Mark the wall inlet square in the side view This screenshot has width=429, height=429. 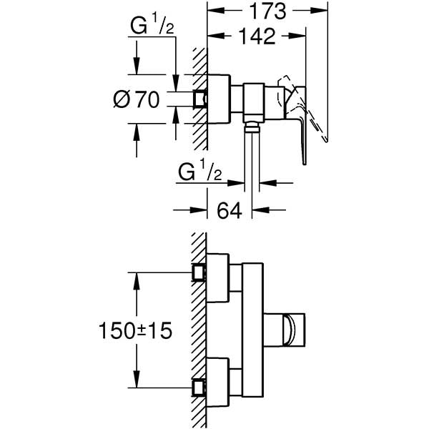(x=199, y=99)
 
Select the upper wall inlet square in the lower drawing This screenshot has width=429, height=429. (x=199, y=272)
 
